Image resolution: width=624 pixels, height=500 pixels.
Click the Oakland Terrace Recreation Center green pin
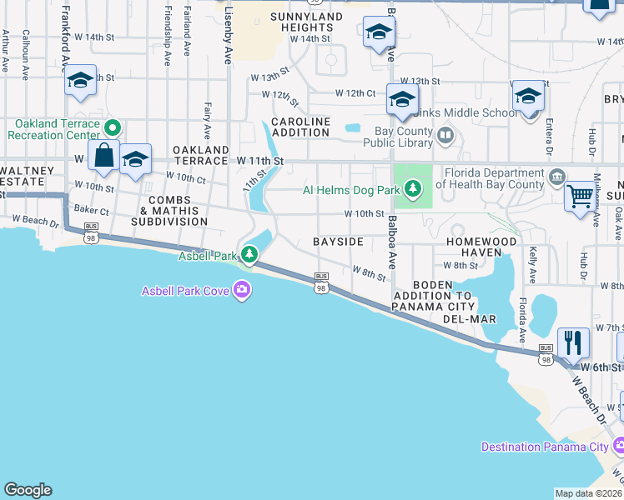[113, 129]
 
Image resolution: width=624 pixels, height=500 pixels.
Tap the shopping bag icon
[104, 156]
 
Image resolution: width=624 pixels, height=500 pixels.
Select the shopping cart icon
[581, 197]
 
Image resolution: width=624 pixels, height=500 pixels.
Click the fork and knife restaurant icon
[573, 342]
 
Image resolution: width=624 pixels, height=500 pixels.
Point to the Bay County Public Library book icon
[445, 135]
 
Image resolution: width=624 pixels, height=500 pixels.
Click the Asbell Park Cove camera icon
[242, 290]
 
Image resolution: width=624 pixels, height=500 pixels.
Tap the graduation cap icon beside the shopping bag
[134, 159]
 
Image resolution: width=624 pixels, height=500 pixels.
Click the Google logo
[28, 490]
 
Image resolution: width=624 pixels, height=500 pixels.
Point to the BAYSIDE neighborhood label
[338, 241]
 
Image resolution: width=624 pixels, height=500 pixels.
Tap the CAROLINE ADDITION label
[300, 127]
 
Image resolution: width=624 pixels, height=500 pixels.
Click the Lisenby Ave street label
[228, 37]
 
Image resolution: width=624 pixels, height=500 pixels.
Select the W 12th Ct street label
[355, 92]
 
